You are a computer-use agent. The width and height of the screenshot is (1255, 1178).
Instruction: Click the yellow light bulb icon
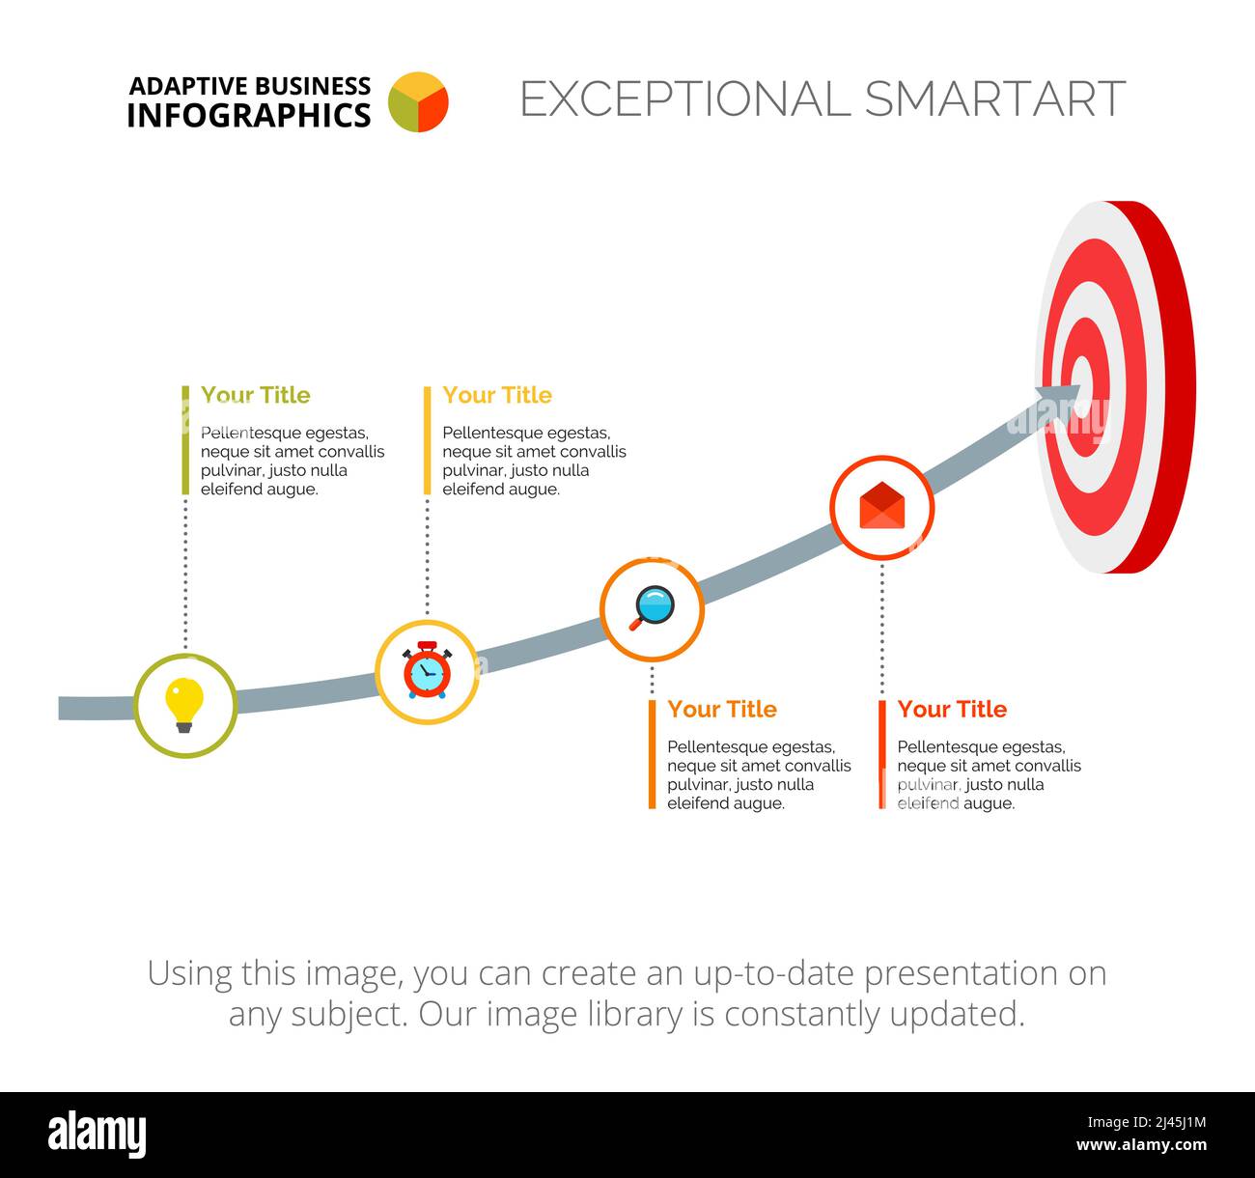pos(184,704)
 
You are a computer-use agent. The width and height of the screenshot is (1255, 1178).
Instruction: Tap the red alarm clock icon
pos(427,671)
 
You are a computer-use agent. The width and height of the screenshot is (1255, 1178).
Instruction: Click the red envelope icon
pos(882,507)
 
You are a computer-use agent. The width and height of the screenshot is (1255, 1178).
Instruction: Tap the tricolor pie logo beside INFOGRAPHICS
pos(418,101)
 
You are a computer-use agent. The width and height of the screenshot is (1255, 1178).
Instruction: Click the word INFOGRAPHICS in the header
pos(248,116)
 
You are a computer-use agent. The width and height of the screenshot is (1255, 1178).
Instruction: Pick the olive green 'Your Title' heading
pos(255,395)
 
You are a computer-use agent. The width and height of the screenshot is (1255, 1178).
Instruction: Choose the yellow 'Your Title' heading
pos(497,395)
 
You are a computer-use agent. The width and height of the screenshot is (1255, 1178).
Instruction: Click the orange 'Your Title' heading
pos(722,710)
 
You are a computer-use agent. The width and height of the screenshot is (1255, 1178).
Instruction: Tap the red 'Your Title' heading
pos(952,710)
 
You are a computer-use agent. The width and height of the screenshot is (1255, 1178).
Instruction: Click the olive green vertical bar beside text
pos(185,440)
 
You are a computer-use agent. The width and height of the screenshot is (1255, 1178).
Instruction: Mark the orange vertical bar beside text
pos(653,754)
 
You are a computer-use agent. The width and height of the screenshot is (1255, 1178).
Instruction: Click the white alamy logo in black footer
pos(97,1135)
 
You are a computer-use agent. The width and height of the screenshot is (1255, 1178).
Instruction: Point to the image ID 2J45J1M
pos(1145,1122)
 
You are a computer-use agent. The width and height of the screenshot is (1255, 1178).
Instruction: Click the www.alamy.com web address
pos(1141,1146)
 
